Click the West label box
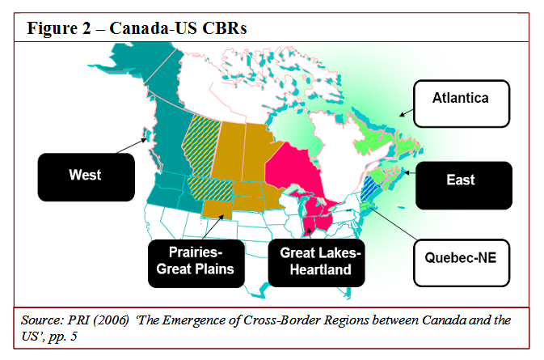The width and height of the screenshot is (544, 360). point(86,177)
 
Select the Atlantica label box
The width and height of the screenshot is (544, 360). point(462,104)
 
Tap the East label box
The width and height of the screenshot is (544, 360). point(464,185)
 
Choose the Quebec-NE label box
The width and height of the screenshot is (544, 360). point(462,263)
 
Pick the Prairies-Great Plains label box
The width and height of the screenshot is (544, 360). point(196,264)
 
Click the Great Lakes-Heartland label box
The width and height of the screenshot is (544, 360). point(316,263)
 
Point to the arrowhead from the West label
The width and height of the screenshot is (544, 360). point(144,140)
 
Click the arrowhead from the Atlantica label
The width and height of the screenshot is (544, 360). point(402,114)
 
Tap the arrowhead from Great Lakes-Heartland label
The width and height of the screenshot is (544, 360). point(309,231)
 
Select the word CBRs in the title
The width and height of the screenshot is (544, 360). point(225,28)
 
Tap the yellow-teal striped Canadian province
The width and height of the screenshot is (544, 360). point(201,146)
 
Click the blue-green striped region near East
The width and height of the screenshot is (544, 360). point(370,188)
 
